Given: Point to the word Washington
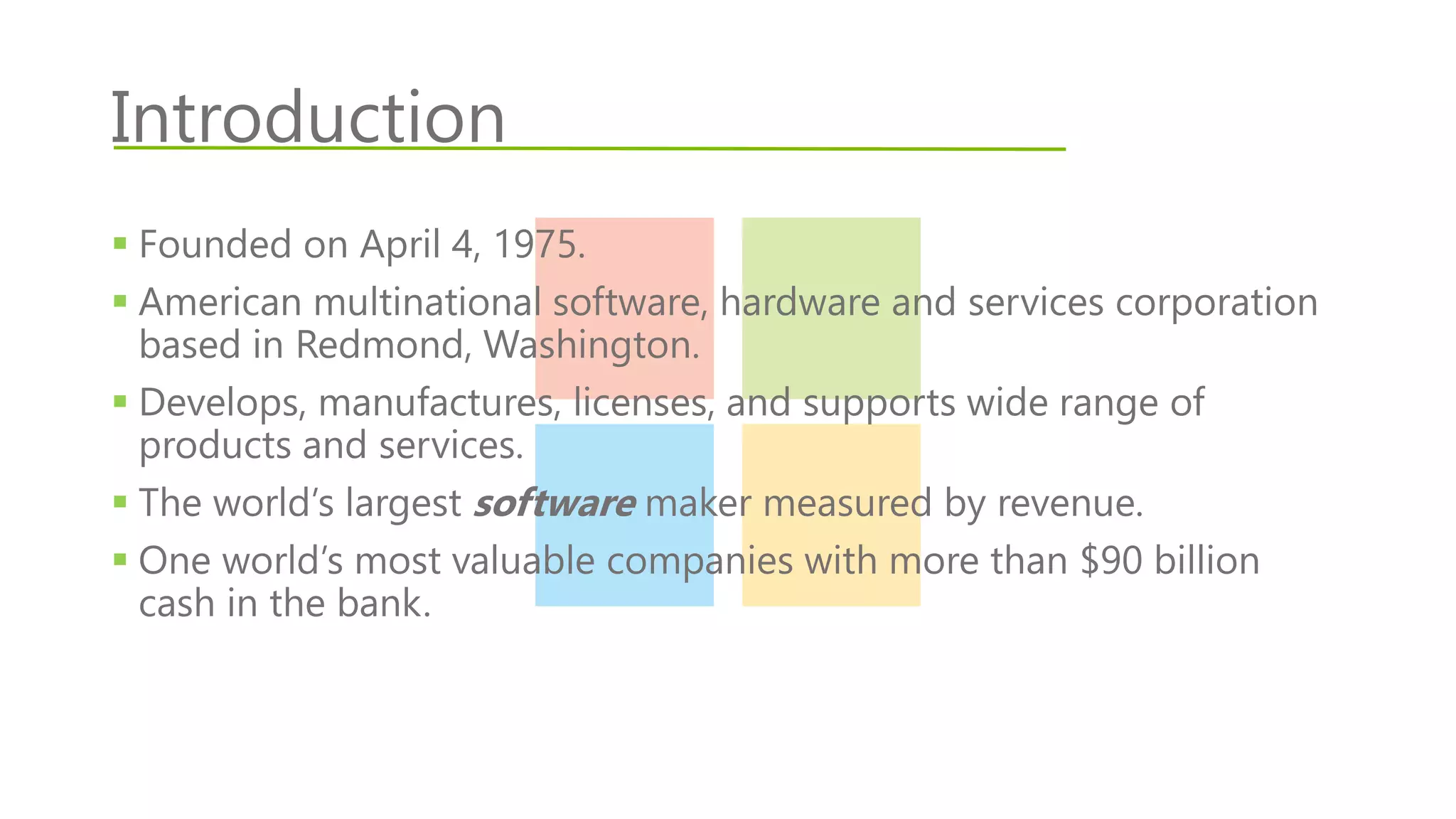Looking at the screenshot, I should (x=590, y=346).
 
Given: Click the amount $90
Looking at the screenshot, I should (x=1110, y=561).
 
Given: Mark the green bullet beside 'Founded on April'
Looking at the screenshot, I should (x=120, y=244).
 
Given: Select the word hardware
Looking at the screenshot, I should (x=800, y=302).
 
